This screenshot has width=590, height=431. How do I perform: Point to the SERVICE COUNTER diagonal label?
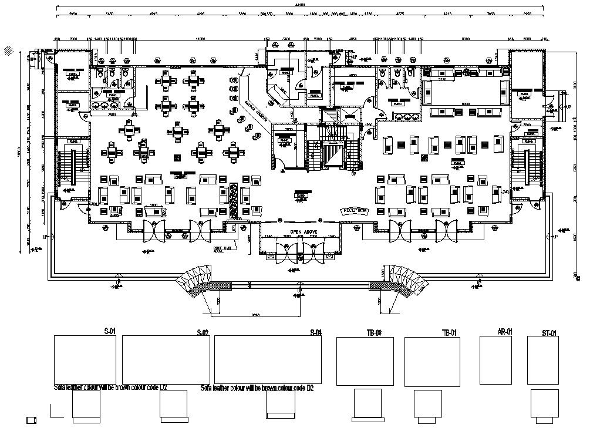pos(256,110)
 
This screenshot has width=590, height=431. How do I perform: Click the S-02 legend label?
pos(203,333)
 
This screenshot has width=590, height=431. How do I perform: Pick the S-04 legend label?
pos(315,333)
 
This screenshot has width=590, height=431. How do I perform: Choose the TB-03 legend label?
pos(374,333)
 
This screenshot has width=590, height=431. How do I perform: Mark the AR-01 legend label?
pos(505,332)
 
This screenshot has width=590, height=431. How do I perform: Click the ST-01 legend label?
pos(549,334)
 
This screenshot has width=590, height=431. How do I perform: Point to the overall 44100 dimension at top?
pos(300,5)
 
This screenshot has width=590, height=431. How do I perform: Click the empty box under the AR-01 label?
pos(496,360)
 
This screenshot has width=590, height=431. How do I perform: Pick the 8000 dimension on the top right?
pos(466,39)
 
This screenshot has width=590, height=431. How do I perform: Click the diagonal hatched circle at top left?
pos(8,50)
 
